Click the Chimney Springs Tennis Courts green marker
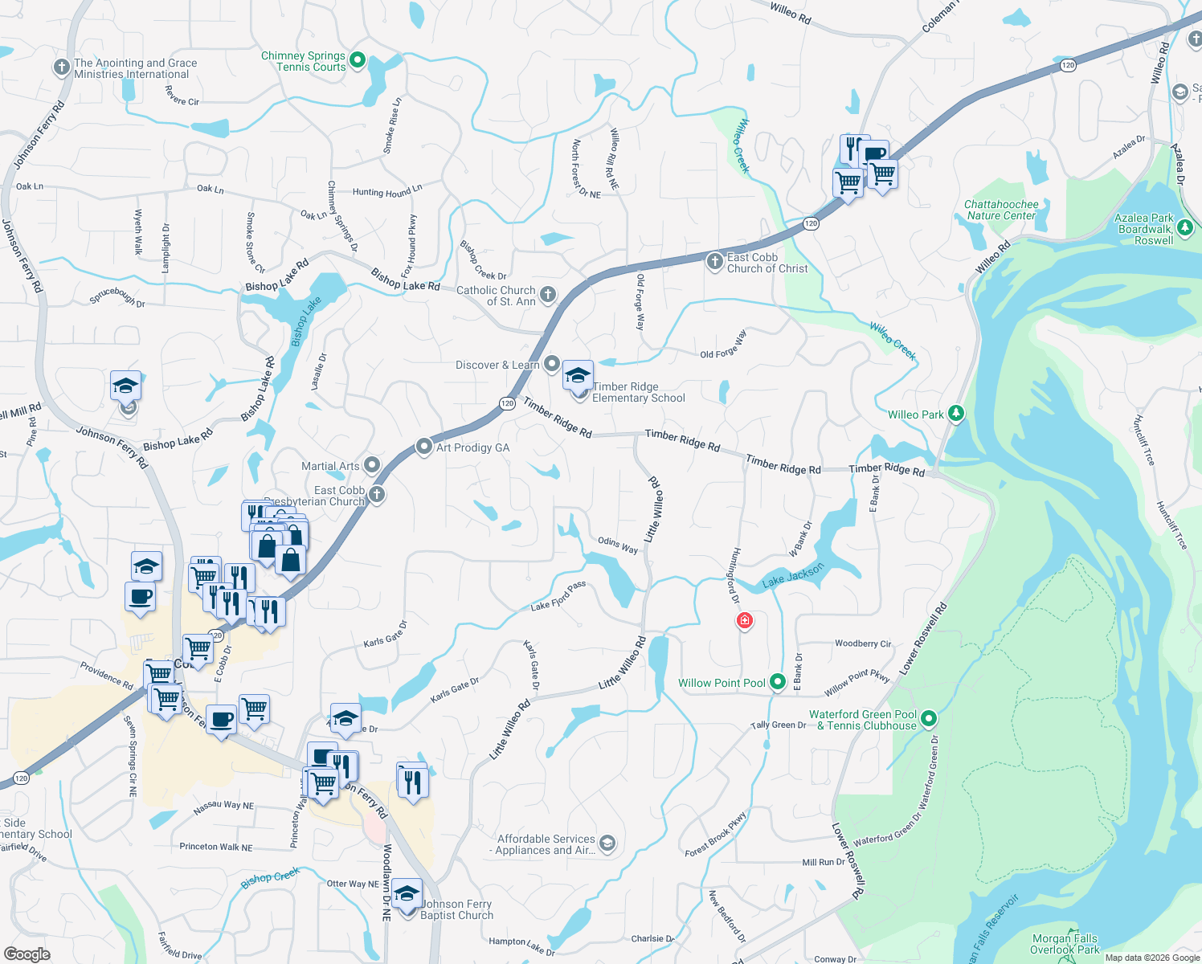[358, 60]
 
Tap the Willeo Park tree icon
[956, 414]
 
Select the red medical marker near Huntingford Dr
[745, 620]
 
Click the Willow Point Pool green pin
[777, 682]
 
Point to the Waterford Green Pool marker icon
[929, 718]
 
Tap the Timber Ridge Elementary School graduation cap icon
[578, 376]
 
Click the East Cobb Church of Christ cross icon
[714, 261]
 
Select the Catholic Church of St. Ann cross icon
[548, 295]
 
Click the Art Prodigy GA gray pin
[424, 447]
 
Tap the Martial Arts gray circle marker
[372, 465]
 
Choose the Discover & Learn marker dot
[551, 364]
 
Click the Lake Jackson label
[793, 574]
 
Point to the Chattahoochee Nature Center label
[1001, 210]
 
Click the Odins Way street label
[618, 545]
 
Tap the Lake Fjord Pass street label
[558, 596]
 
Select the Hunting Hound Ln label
[387, 191]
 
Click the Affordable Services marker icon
[607, 843]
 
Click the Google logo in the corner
[27, 954]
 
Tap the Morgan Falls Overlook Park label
[1065, 944]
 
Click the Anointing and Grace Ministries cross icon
[62, 67]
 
